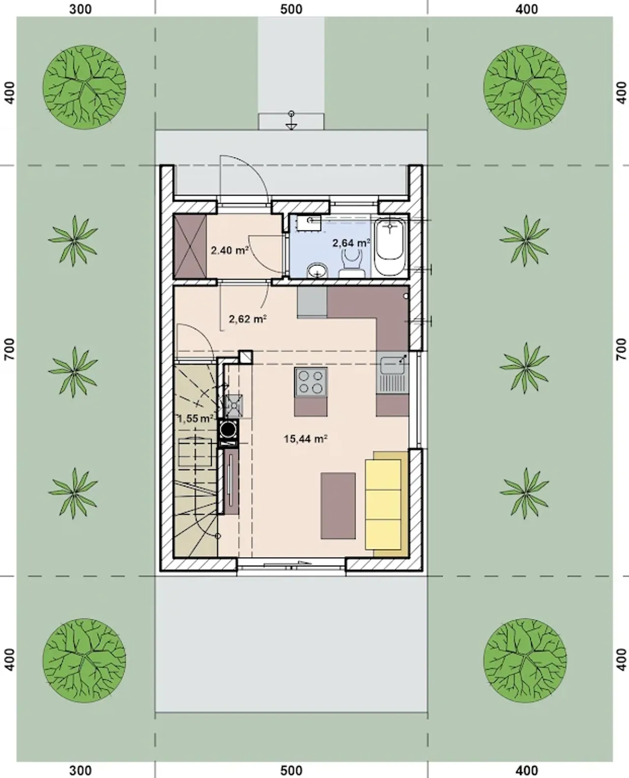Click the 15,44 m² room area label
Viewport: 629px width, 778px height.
tap(305, 439)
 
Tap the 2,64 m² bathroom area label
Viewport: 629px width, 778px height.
tap(351, 242)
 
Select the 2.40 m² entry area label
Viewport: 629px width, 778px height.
tap(230, 250)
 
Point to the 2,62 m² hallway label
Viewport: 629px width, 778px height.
tap(248, 319)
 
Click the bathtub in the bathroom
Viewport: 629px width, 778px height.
tap(390, 244)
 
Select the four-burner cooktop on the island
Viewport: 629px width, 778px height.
tap(311, 382)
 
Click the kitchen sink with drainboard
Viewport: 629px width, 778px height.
tap(392, 373)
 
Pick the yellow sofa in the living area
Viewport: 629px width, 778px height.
tap(387, 504)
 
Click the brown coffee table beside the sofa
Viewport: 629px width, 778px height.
tap(338, 506)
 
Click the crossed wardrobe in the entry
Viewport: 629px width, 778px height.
tap(190, 246)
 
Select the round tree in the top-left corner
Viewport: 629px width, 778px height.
tap(85, 87)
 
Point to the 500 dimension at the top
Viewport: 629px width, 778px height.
tap(291, 9)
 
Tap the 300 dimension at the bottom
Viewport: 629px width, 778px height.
tap(81, 771)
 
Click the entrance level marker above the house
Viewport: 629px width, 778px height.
tap(291, 120)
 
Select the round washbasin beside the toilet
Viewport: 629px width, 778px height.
tap(317, 271)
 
